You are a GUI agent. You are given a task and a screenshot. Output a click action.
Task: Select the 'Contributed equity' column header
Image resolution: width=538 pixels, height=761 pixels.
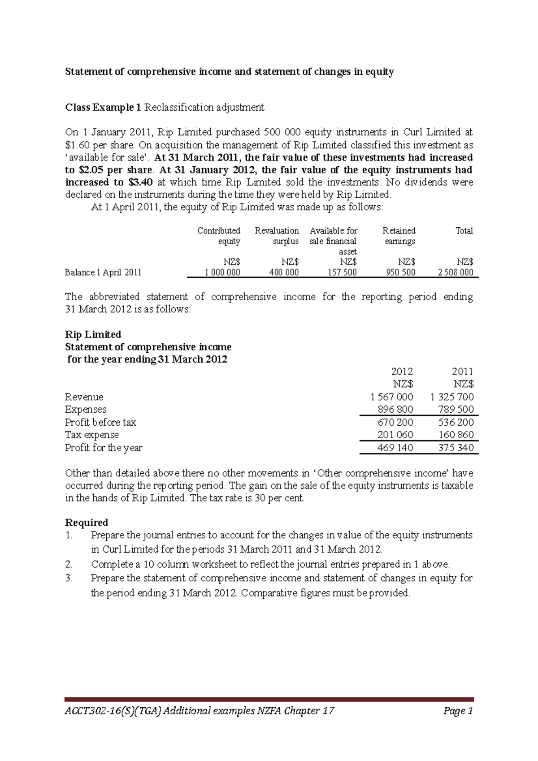coord(219,236)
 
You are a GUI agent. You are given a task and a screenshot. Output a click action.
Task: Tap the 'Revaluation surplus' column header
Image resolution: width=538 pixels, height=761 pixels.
coord(277,236)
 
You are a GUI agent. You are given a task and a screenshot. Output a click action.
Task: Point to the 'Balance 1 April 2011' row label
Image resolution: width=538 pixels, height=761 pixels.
coord(103,272)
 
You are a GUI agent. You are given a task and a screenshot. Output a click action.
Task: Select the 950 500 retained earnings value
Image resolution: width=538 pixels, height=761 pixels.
coord(400,272)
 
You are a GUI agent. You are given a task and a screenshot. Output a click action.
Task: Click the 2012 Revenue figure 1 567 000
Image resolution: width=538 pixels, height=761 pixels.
coord(392,397)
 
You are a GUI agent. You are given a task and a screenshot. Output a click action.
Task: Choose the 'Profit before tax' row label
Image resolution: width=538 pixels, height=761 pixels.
coord(100,422)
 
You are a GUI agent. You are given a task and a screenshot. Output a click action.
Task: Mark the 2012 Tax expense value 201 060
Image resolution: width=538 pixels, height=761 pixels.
coord(395,435)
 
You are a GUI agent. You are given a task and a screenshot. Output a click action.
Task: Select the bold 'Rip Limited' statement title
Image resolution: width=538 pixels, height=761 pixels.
coord(93,334)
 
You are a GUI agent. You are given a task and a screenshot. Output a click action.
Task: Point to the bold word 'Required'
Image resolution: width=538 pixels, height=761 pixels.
coord(87,523)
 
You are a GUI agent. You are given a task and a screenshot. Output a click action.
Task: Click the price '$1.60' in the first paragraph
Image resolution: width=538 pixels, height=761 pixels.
coord(77,145)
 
